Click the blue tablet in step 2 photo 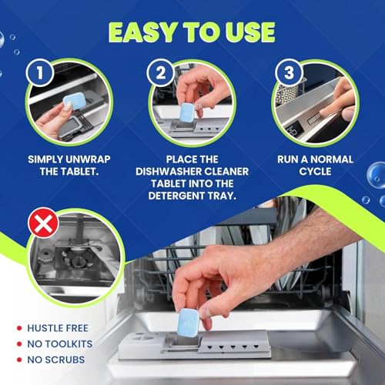186,109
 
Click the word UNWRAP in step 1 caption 92,159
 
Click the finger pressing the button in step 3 333,108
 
